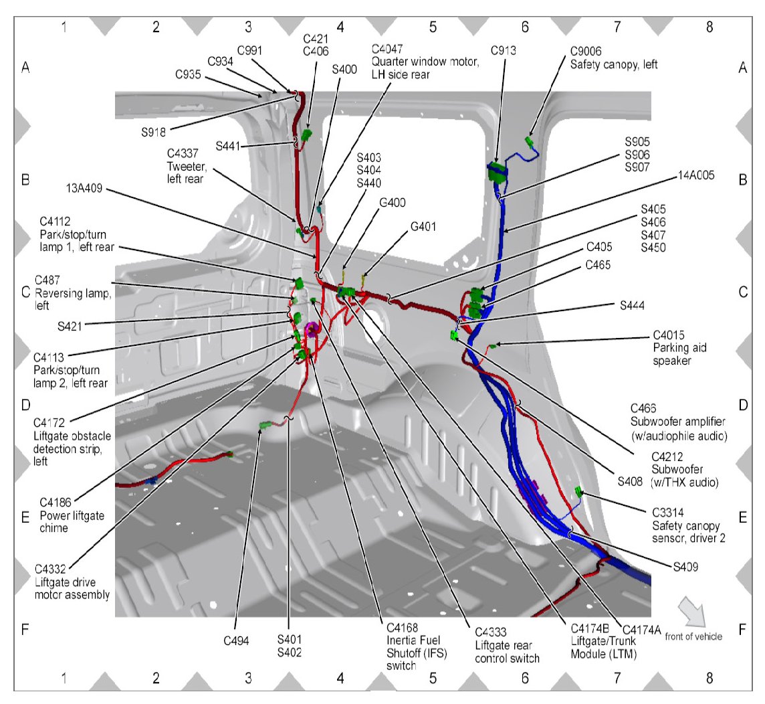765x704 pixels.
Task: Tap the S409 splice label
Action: [685, 566]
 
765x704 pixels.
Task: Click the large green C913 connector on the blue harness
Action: [498, 172]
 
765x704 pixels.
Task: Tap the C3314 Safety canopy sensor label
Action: [689, 525]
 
